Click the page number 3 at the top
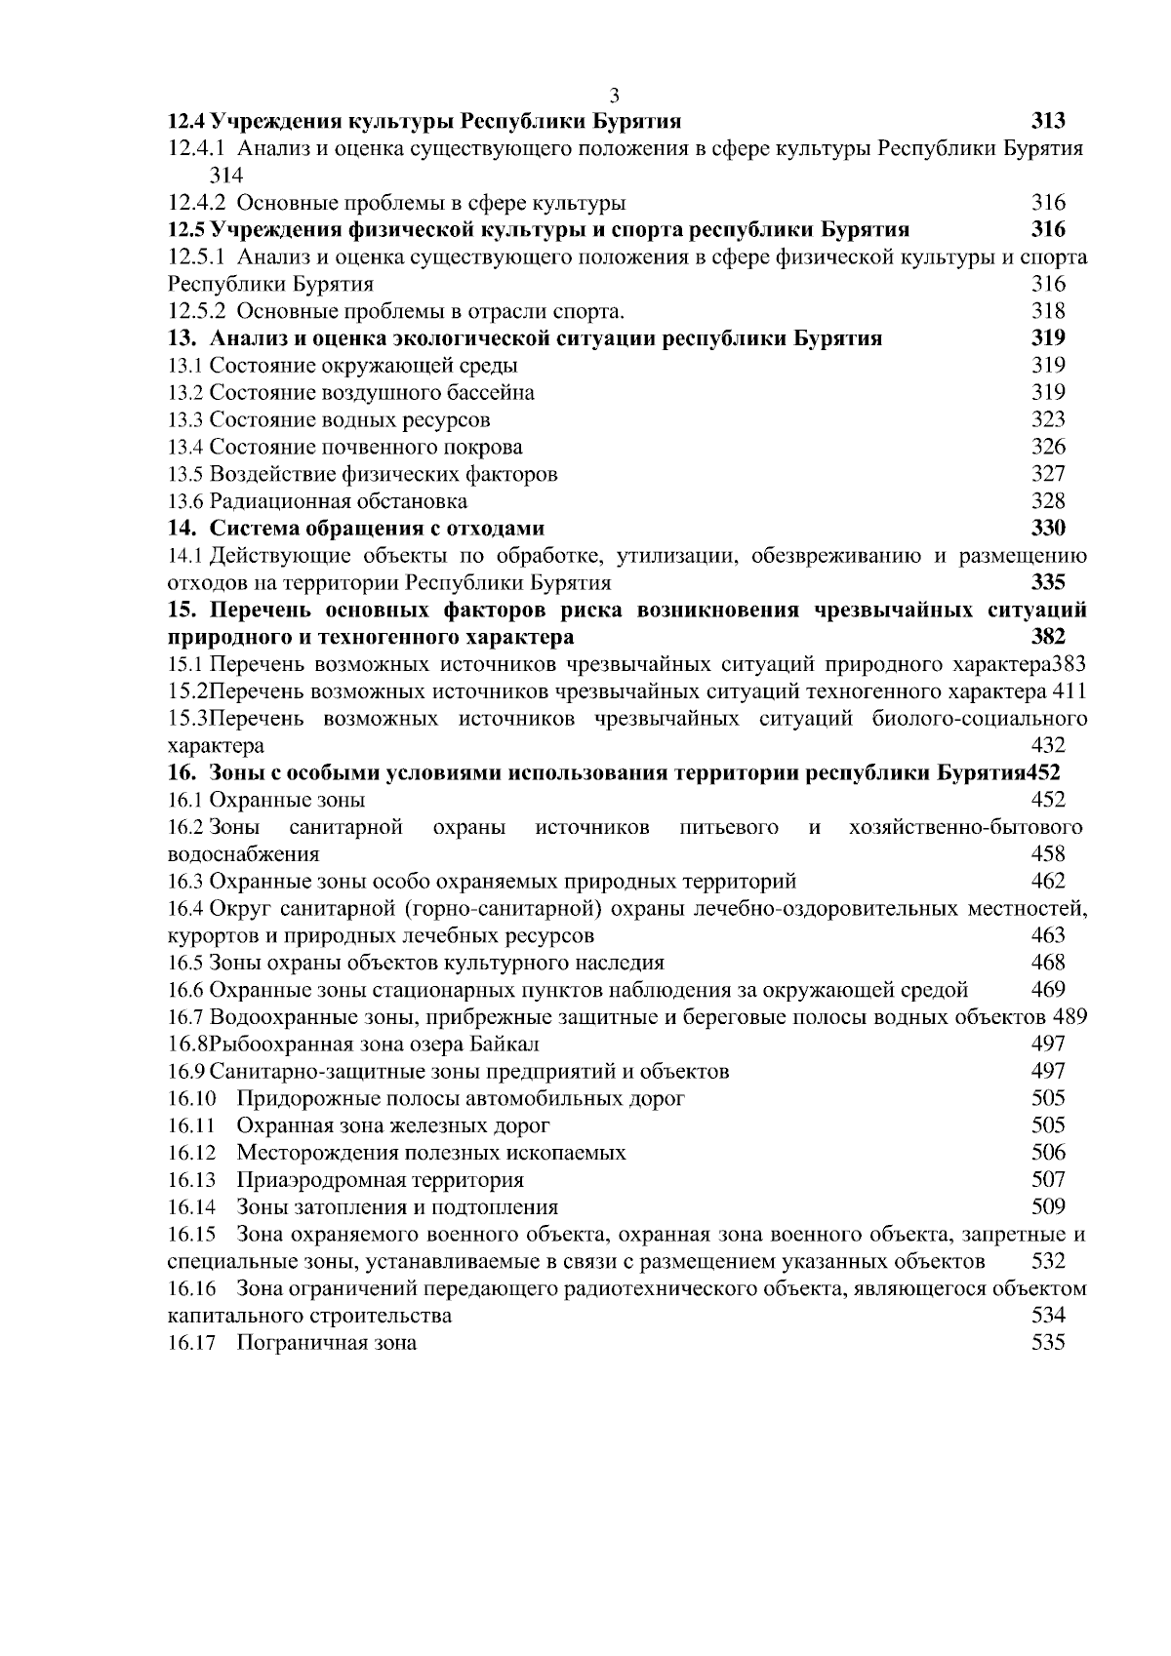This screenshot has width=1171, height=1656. [613, 95]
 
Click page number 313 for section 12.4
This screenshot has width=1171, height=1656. [1048, 122]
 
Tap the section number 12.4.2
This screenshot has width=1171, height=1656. [197, 204]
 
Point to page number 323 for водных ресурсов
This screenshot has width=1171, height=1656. [1048, 420]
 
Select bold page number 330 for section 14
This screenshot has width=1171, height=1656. [1048, 529]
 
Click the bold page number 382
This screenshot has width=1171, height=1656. [1048, 638]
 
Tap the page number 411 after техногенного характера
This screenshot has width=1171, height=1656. [1070, 692]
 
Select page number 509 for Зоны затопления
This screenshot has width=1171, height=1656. [1048, 1207]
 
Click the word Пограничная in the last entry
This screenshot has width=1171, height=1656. [299, 1343]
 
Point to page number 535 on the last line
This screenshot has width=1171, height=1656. [1048, 1343]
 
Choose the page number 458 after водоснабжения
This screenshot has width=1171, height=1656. [1048, 854]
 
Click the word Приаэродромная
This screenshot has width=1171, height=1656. [318, 1180]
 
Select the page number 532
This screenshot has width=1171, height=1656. [1048, 1262]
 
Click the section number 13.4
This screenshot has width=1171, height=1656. [185, 448]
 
